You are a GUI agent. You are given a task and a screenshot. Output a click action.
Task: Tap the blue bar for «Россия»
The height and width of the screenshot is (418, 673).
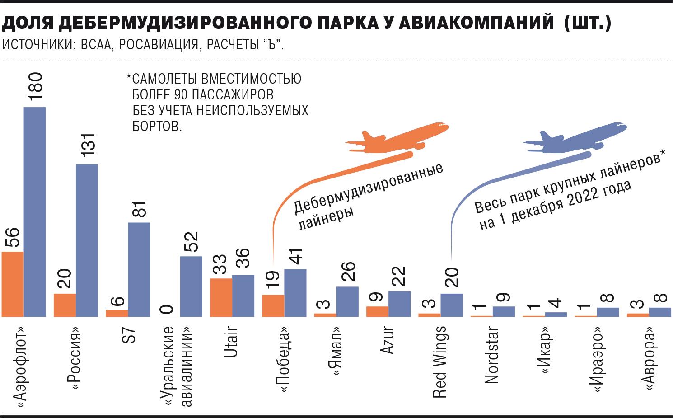click(x=87, y=240)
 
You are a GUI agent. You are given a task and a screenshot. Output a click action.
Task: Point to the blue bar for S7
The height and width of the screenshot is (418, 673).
click(x=139, y=269)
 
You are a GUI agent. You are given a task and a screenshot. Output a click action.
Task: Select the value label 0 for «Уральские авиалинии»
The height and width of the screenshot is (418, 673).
click(x=167, y=309)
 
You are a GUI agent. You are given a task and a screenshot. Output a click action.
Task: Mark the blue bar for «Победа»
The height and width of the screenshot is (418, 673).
click(x=295, y=293)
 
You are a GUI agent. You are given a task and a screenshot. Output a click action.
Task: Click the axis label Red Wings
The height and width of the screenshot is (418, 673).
click(x=439, y=362)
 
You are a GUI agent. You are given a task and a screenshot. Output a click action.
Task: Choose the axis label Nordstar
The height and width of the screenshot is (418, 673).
click(x=491, y=355)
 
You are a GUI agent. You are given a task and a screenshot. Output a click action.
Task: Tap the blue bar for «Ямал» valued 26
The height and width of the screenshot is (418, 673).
click(x=347, y=301)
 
